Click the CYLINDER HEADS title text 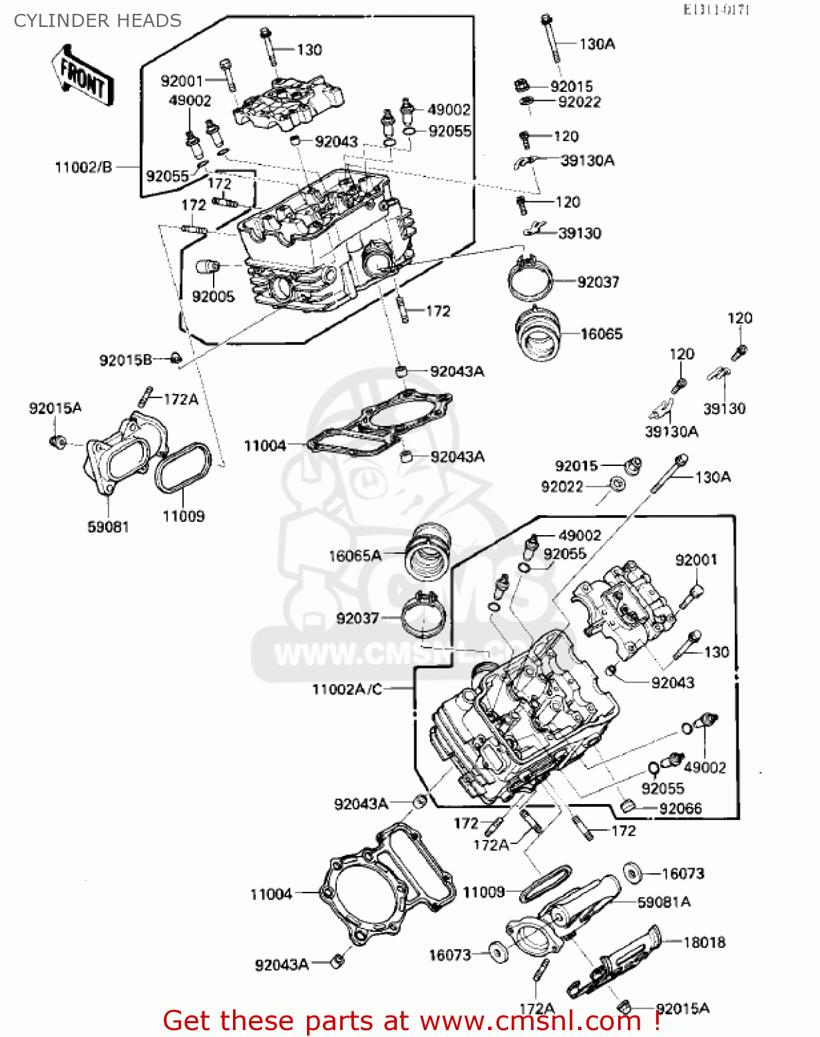97,21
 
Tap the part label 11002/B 83,167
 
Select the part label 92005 213,297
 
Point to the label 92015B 125,360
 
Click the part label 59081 108,527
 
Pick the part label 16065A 355,556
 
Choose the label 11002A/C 347,689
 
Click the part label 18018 704,942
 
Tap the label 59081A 664,902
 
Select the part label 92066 680,809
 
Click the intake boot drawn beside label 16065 539,333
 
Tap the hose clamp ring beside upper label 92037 530,278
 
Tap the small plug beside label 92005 209,267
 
